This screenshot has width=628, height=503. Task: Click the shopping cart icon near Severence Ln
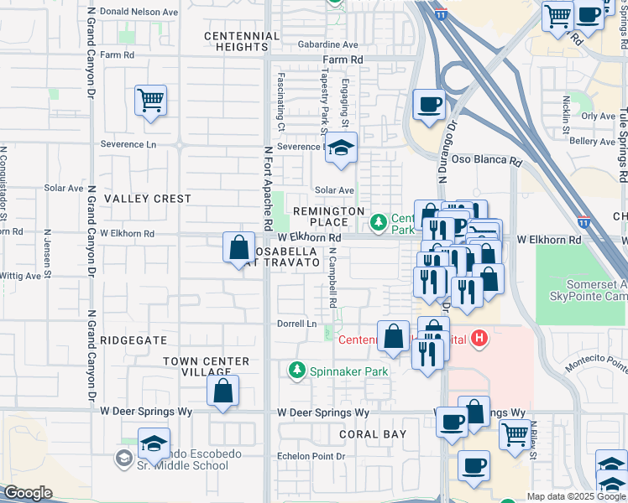tap(150, 101)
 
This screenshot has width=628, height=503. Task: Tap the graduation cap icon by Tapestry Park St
tap(341, 148)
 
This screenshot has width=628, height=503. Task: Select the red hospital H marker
tap(479, 339)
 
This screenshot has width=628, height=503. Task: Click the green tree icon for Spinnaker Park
tap(296, 370)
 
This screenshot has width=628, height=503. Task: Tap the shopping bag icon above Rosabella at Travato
tap(239, 247)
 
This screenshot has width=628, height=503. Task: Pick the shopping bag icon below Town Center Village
tap(222, 391)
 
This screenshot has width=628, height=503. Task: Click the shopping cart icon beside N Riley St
tap(515, 433)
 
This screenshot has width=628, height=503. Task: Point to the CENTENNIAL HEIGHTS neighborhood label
tap(242, 41)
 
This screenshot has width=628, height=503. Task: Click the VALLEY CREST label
tap(147, 199)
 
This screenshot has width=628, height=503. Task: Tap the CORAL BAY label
tap(373, 434)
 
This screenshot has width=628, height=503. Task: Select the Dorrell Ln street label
tap(297, 324)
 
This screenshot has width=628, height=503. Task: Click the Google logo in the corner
tap(28, 493)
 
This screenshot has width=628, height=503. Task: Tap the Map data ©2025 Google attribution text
tap(575, 496)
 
